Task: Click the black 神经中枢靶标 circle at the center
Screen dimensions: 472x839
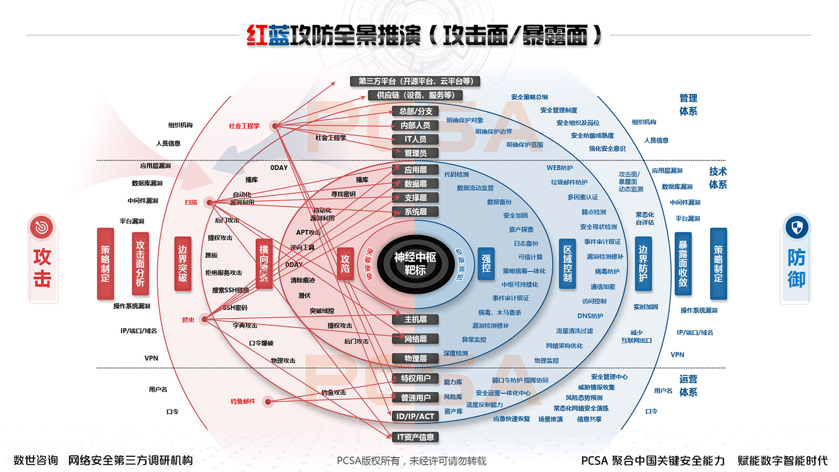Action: pyautogui.click(x=415, y=264)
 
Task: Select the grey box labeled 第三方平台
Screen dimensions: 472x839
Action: pyautogui.click(x=415, y=81)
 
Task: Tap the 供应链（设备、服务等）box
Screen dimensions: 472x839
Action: pyautogui.click(x=415, y=95)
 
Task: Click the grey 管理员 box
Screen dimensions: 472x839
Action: pyautogui.click(x=415, y=153)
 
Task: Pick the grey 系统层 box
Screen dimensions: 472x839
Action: pyautogui.click(x=415, y=212)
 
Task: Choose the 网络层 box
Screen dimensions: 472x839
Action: pyautogui.click(x=415, y=339)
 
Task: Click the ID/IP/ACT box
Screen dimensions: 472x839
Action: pyautogui.click(x=415, y=416)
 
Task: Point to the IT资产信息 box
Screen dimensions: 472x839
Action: pyautogui.click(x=415, y=437)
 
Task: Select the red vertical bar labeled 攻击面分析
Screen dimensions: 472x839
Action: pyautogui.click(x=140, y=264)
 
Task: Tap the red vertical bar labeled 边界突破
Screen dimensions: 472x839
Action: pyautogui.click(x=182, y=264)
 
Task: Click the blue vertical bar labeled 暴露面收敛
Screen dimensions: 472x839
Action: pyautogui.click(x=683, y=264)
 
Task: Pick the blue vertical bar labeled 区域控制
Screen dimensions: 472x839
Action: pyautogui.click(x=567, y=264)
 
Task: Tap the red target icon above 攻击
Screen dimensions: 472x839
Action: pyautogui.click(x=42, y=228)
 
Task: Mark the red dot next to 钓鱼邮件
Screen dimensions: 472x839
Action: pyautogui.click(x=268, y=402)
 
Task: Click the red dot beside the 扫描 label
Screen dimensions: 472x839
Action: pyautogui.click(x=209, y=202)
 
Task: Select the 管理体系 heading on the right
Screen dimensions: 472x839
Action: pyautogui.click(x=688, y=105)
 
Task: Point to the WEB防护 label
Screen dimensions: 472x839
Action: pyautogui.click(x=560, y=168)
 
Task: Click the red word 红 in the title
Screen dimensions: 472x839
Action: pyautogui.click(x=257, y=35)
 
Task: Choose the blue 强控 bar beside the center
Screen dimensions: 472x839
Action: pyautogui.click(x=486, y=264)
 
